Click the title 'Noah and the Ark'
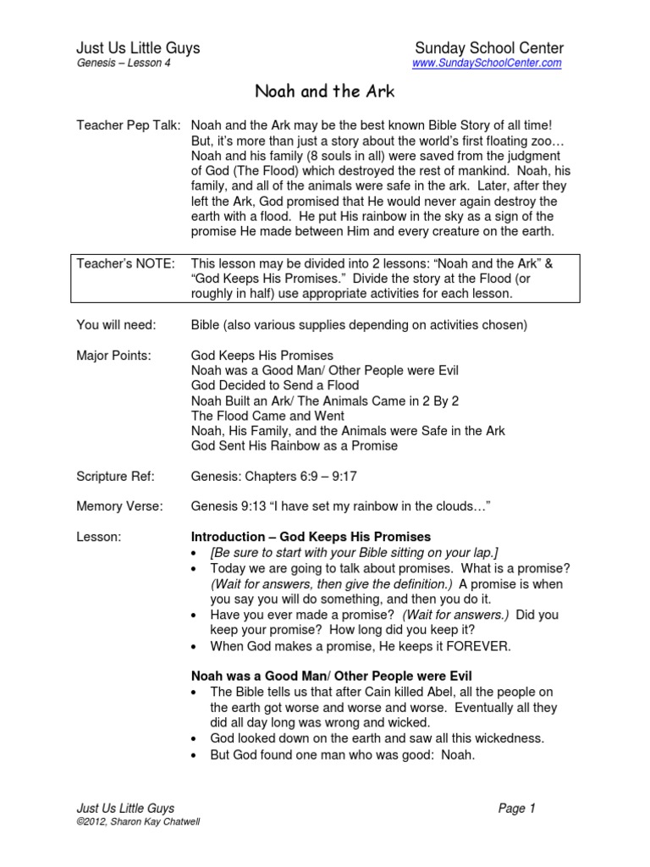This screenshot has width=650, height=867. point(325,89)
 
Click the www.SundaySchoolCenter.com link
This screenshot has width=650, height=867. point(487,64)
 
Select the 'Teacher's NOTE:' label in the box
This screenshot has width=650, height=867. point(126,263)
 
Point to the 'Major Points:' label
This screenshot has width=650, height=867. point(113,355)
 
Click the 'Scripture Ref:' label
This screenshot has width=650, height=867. point(113,477)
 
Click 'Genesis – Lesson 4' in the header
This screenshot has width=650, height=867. point(118,64)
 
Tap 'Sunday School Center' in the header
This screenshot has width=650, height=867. point(491,48)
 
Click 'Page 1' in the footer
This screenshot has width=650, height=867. point(517,809)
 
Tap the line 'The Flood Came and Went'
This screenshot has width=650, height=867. point(267,416)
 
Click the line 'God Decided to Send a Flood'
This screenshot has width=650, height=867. point(277,385)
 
